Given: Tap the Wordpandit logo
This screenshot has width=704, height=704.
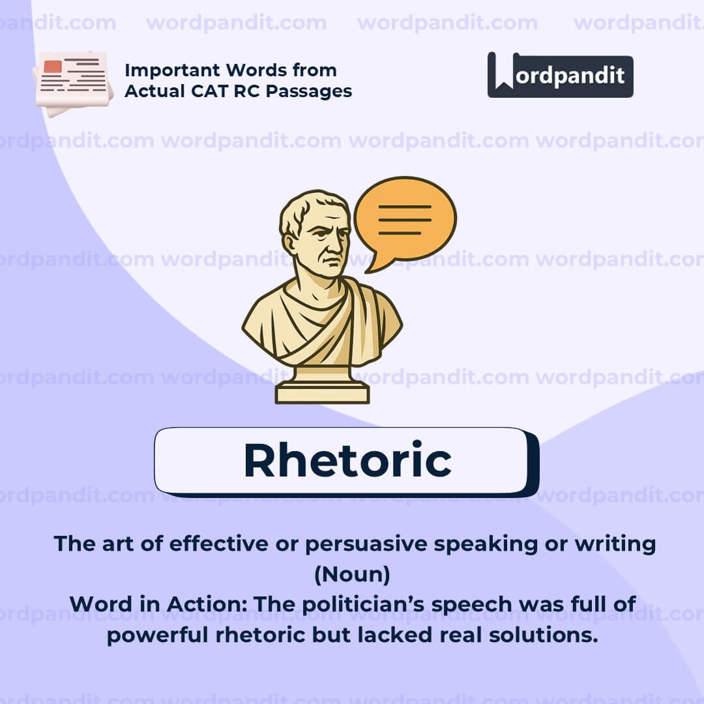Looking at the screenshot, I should click(560, 75).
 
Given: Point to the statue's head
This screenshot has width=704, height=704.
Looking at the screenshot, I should click(316, 228).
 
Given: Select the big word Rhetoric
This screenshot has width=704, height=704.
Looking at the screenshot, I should click(347, 460).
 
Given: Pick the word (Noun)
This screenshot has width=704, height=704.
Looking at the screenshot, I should click(352, 574).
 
